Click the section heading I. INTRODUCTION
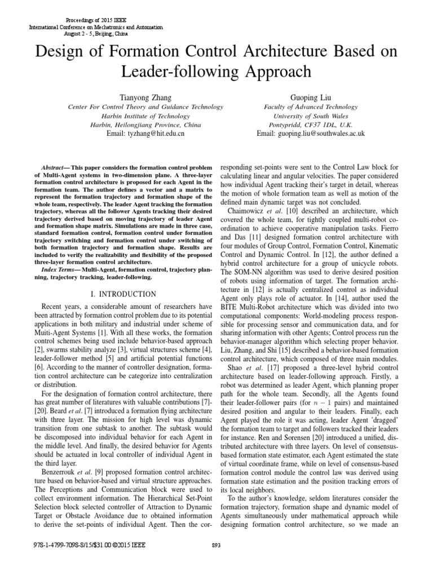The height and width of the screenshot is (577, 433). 123,294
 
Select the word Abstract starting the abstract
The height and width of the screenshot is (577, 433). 55,168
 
